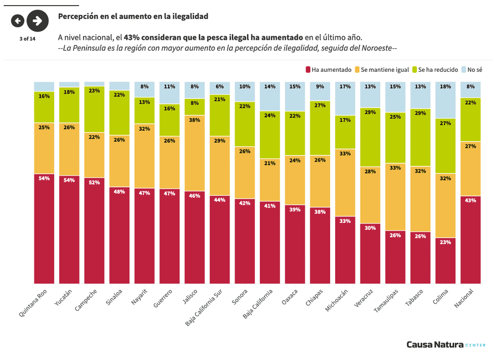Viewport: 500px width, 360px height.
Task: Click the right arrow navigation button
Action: pyautogui.click(x=37, y=20)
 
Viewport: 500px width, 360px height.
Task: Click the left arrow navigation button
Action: pyautogui.click(x=18, y=20)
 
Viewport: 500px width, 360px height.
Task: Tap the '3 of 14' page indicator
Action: pyautogui.click(x=27, y=38)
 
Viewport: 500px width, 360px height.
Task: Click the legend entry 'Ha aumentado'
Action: pyautogui.click(x=328, y=69)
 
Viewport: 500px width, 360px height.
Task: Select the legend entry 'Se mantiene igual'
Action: pyautogui.click(x=382, y=69)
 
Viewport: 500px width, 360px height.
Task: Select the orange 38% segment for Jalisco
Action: pyautogui.click(x=194, y=153)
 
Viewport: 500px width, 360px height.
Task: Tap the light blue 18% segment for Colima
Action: pyautogui.click(x=445, y=100)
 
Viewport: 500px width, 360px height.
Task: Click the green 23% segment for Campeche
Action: pyautogui.click(x=94, y=109)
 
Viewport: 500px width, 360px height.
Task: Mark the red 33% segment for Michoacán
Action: pyautogui.click(x=345, y=250)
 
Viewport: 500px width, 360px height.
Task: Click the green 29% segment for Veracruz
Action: pyautogui.click(x=370, y=137)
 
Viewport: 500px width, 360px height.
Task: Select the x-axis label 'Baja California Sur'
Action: pyautogui.click(x=204, y=308)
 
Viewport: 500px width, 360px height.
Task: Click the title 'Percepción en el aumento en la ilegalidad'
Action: pyautogui.click(x=133, y=16)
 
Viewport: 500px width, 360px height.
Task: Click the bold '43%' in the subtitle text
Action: pyautogui.click(x=132, y=37)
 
